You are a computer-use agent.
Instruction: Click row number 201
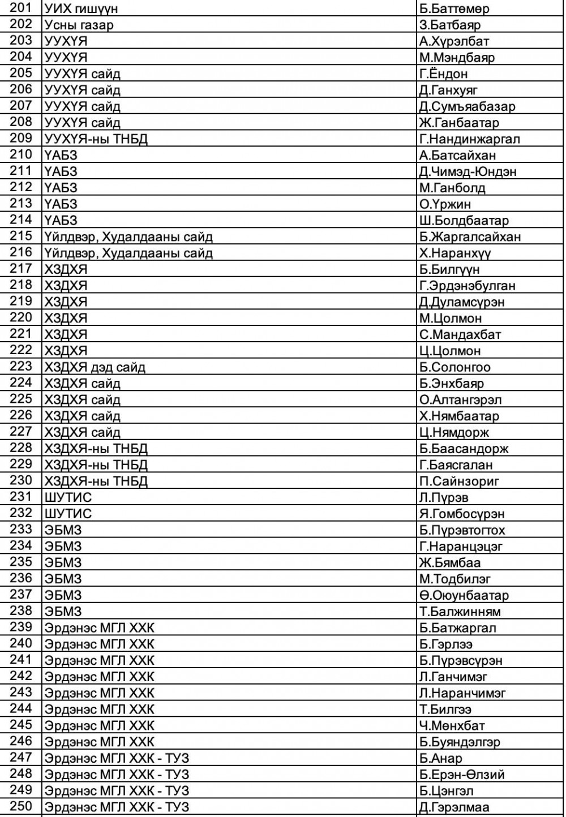tap(22, 8)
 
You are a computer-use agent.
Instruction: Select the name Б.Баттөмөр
tap(454, 8)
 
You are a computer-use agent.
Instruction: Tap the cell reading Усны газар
tap(79, 25)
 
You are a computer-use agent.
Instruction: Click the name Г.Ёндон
tap(444, 74)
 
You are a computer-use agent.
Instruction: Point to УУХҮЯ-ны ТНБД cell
tap(96, 139)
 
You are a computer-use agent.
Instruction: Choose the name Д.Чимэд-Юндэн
tap(468, 171)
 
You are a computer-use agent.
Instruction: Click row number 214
tap(22, 220)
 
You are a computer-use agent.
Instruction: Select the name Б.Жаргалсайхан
tap(470, 236)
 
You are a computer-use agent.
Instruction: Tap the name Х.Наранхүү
tap(455, 253)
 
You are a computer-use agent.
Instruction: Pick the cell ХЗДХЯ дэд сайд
tap(95, 367)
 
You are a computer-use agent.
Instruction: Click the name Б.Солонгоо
tap(455, 367)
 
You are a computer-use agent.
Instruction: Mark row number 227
tap(22, 432)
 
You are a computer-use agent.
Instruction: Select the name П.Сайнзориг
tap(459, 481)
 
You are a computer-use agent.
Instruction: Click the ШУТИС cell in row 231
tap(67, 498)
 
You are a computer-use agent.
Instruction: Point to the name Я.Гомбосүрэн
tap(462, 514)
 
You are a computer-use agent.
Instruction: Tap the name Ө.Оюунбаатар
tap(464, 595)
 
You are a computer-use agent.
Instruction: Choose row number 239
tap(22, 627)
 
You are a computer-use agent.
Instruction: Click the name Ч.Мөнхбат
tap(452, 725)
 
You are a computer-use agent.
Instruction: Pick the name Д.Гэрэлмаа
tap(454, 807)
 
